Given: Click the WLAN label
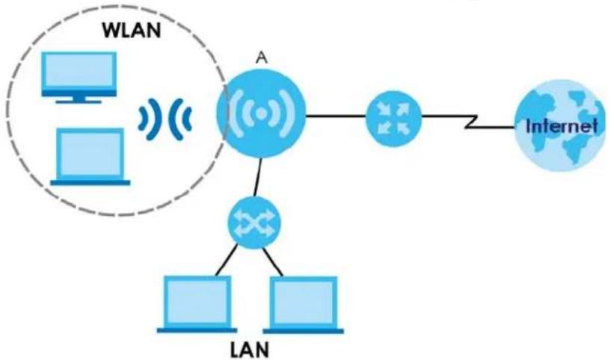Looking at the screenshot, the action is point(132,31).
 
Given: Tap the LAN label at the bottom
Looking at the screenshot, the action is point(250,349).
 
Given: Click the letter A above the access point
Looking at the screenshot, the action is point(262,58).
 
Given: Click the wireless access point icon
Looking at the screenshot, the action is point(262,114).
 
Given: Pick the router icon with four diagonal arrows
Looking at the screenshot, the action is point(394,118).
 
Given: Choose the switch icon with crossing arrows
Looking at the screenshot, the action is point(254,222).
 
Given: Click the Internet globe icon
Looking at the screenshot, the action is point(560,125).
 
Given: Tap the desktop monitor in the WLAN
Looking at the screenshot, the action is point(79,78).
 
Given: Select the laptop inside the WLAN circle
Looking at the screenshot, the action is point(90,157).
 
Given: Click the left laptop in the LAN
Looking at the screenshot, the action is point(197,305).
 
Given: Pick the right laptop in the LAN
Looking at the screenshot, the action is point(303,305).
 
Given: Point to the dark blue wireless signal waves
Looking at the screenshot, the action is point(165,119).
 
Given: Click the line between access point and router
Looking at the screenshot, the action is point(336,116).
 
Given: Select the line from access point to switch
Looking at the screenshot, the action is point(258,177).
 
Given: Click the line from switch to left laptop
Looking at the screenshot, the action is point(226,260).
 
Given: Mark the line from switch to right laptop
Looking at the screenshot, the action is point(273,261).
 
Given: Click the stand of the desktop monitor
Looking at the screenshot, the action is point(79,99).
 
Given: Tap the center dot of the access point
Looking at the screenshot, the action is point(262,114).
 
